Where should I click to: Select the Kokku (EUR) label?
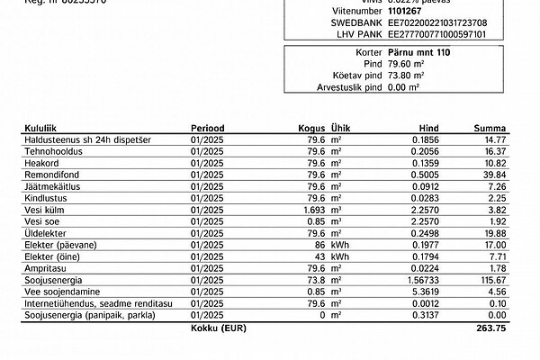[x=219, y=328]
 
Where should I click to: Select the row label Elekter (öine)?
[x=52, y=256]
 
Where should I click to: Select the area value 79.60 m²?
[x=404, y=65]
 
